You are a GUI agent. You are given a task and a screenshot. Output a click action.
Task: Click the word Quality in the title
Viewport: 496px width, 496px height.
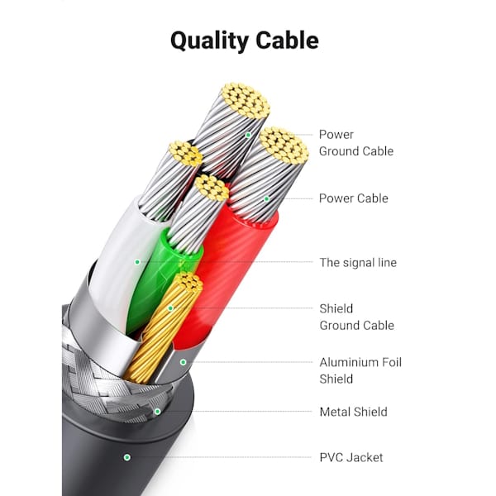click(209, 41)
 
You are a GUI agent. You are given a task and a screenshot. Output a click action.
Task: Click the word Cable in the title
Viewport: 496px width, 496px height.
click(287, 40)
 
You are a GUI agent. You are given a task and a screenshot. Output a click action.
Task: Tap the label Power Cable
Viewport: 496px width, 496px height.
click(353, 198)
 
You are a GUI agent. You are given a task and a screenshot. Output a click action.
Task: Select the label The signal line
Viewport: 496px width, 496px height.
click(358, 263)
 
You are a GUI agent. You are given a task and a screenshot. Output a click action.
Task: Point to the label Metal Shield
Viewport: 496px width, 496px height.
click(353, 412)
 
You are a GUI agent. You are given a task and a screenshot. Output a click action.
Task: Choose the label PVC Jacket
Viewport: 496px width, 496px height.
click(351, 457)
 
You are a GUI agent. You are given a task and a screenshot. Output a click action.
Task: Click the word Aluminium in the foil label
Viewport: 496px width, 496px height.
click(348, 362)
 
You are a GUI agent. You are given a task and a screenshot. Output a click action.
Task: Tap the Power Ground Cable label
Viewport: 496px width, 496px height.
click(356, 143)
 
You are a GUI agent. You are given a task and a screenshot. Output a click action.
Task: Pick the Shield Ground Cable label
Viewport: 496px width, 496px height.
click(357, 317)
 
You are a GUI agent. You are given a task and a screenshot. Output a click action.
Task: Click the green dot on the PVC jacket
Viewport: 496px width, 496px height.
click(127, 457)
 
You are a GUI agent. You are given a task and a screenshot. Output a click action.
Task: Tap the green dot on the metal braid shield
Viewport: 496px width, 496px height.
click(158, 412)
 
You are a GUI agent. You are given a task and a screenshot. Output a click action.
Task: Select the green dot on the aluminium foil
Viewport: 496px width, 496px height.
click(184, 362)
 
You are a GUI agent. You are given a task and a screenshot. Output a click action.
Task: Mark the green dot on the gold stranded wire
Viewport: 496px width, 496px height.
click(170, 308)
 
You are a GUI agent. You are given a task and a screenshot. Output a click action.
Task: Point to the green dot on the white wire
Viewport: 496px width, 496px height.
click(137, 262)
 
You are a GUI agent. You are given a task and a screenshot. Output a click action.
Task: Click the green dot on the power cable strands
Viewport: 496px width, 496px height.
click(267, 198)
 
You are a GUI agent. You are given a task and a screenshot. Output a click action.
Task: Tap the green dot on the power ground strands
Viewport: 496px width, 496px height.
click(248, 135)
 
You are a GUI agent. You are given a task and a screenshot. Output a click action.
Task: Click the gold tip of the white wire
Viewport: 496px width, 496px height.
click(186, 154)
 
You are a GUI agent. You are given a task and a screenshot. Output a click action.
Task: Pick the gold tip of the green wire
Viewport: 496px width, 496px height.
click(212, 188)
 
